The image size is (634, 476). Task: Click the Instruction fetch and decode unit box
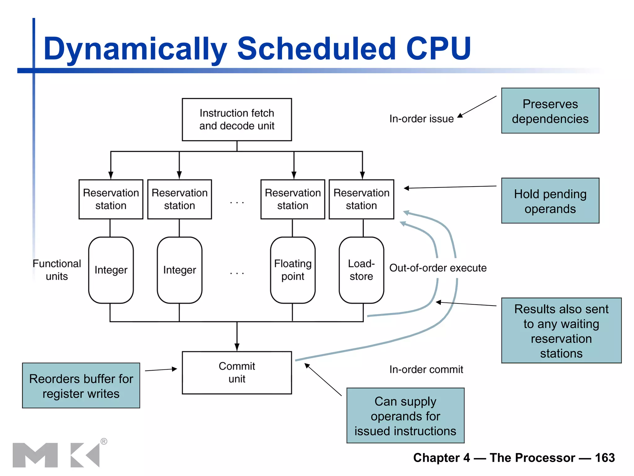pyautogui.click(x=237, y=120)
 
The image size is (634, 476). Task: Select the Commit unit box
pyautogui.click(x=237, y=372)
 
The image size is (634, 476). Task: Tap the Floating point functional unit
pyautogui.click(x=293, y=270)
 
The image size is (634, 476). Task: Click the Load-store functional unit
pyautogui.click(x=361, y=270)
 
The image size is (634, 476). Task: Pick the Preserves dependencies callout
pyautogui.click(x=550, y=111)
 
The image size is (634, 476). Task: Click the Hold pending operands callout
pyautogui.click(x=550, y=201)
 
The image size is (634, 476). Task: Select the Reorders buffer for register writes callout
pyautogui.click(x=81, y=386)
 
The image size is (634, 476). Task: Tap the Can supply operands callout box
pyautogui.click(x=405, y=416)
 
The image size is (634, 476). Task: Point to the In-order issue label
pyautogui.click(x=421, y=119)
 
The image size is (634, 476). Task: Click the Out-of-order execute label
pyautogui.click(x=438, y=268)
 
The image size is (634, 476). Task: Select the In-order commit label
pyautogui.click(x=426, y=369)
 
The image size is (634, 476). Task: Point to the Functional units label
pyautogui.click(x=57, y=270)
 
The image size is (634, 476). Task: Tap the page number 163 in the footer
pyautogui.click(x=605, y=458)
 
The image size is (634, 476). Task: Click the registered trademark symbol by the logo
pyautogui.click(x=104, y=441)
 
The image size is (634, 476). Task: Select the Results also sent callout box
pyautogui.click(x=561, y=331)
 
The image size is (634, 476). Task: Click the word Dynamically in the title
pyautogui.click(x=135, y=49)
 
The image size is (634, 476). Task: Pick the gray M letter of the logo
pyautogui.click(x=35, y=455)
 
